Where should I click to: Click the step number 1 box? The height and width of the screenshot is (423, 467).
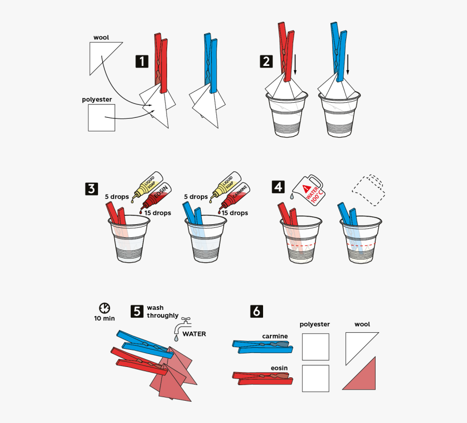(142, 62)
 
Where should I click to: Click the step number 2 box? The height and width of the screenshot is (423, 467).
(266, 62)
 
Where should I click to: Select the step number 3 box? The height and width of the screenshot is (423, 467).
(91, 188)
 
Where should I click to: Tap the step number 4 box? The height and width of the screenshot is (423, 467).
(279, 186)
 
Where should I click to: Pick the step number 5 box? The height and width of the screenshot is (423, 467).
(136, 311)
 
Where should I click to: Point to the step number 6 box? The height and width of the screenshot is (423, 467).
(256, 311)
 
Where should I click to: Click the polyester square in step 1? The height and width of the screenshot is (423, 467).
(101, 117)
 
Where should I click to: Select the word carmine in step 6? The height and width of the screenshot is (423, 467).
(274, 336)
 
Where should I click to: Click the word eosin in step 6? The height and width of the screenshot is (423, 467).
(279, 368)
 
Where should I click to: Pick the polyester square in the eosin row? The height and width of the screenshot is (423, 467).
(315, 378)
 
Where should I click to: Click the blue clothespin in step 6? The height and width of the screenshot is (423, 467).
(262, 346)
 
